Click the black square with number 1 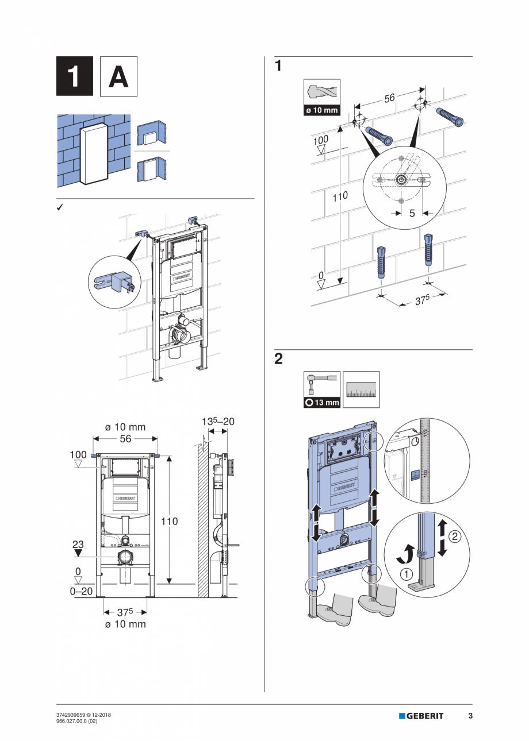click(x=74, y=76)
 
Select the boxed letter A click(x=118, y=76)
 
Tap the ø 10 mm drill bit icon click(x=321, y=97)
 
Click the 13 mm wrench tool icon click(x=321, y=389)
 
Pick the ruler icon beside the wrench click(x=361, y=389)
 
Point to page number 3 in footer click(x=470, y=716)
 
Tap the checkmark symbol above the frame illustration click(x=60, y=208)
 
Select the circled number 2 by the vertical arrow click(x=454, y=537)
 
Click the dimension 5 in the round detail click(x=412, y=213)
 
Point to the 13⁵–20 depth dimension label click(x=218, y=422)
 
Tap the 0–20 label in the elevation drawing click(x=81, y=591)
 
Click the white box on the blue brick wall click(x=94, y=152)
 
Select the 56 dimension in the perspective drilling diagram click(x=389, y=98)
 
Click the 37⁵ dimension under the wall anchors click(x=423, y=300)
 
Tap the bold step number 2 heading click(x=278, y=360)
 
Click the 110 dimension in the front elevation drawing click(x=169, y=522)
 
